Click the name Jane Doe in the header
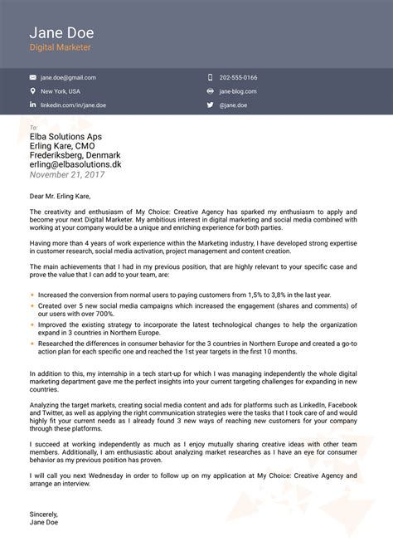point(61,33)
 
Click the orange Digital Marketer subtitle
point(61,49)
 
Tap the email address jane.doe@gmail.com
point(70,77)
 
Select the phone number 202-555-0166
point(238,77)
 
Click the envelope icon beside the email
point(33,77)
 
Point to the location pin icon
point(33,91)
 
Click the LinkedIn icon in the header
point(33,105)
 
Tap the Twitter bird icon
point(211,105)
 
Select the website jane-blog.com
point(238,91)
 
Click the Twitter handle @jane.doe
point(234,105)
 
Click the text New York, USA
point(61,91)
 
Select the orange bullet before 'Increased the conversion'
point(32,295)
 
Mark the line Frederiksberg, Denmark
point(75,155)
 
